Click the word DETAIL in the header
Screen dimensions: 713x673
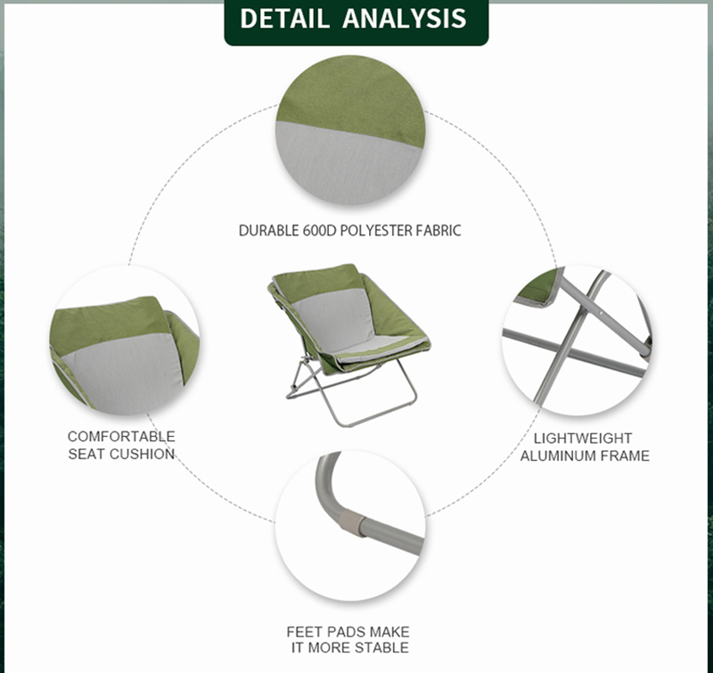point(284,18)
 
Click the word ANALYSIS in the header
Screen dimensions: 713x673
point(405,18)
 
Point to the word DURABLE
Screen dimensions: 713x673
point(269,231)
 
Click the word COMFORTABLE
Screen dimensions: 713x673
point(121,437)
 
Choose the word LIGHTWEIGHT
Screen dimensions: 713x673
point(583,439)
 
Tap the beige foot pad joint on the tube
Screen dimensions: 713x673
point(352,522)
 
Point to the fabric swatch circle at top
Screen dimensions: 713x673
point(350,130)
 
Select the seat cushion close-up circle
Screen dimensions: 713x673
point(125,341)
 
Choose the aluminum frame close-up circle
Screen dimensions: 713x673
point(577,341)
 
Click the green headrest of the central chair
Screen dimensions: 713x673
point(318,280)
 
